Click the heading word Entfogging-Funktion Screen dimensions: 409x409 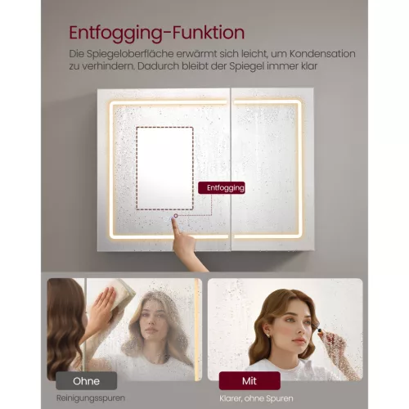click(157, 34)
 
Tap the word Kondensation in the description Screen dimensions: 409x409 click(322, 54)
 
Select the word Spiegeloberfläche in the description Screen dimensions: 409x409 click(130, 54)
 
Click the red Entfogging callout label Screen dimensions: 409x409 click(222, 188)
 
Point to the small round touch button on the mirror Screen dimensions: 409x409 click(176, 216)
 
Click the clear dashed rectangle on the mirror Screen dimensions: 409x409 click(164, 169)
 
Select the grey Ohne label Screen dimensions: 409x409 click(87, 380)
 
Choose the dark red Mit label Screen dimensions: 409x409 click(249, 380)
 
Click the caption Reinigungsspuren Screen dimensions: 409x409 click(91, 398)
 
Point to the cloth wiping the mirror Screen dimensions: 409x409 click(121, 294)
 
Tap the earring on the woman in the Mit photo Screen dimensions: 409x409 click(268, 335)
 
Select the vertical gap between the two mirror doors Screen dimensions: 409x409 click(231, 169)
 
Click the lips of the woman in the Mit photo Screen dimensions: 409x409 click(299, 340)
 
